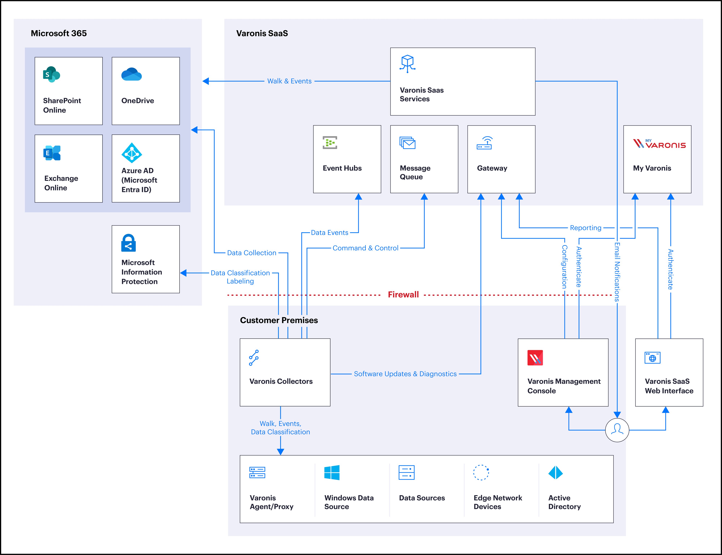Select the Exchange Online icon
click(52, 153)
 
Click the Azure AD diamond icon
click(132, 153)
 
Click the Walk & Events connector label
click(289, 81)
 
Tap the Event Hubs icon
click(330, 143)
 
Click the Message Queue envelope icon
click(407, 143)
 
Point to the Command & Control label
click(365, 248)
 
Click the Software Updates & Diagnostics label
click(405, 374)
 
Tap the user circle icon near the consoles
click(617, 430)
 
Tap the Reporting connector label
click(586, 228)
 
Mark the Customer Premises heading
click(279, 320)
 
